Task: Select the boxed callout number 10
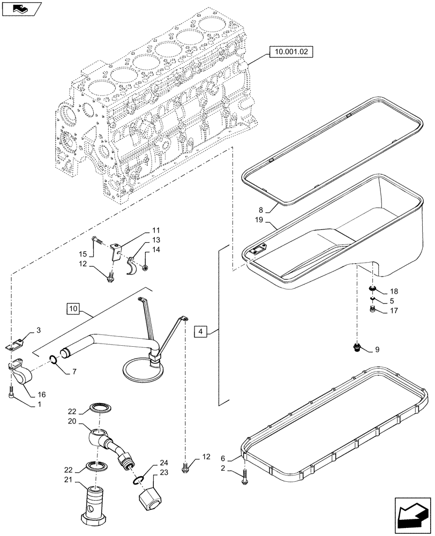73,309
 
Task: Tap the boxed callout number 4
199,332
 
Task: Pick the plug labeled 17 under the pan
373,309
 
